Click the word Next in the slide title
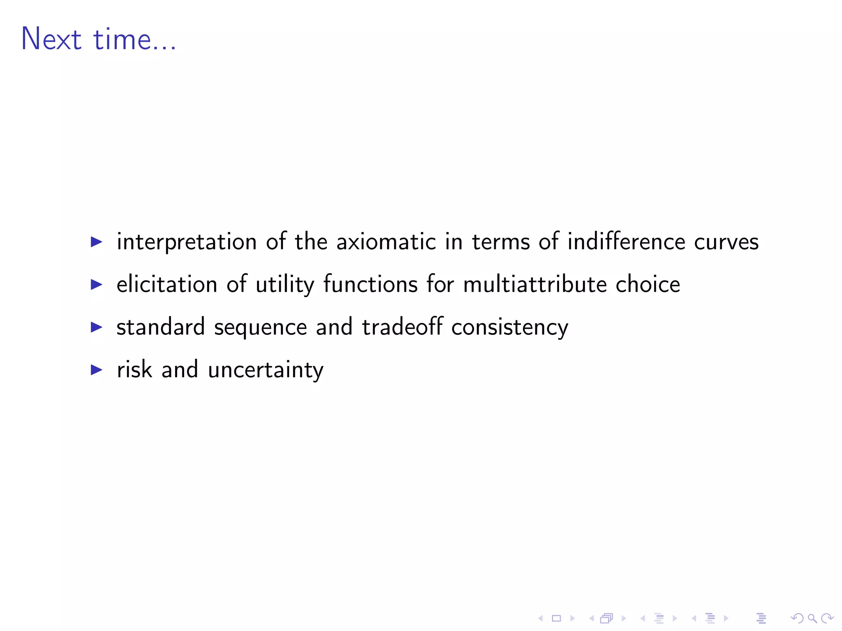51,39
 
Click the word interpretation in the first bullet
187,242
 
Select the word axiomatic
386,242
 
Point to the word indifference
626,242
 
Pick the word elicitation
167,284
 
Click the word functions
370,284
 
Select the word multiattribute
535,284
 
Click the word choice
648,284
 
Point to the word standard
160,327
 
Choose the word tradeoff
402,327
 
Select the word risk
134,369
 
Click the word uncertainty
266,370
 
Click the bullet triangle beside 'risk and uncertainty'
96,370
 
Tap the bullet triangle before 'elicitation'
96,284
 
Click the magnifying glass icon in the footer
812,618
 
